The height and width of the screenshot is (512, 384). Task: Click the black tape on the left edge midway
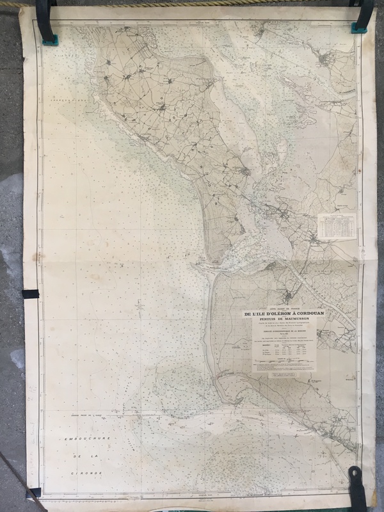[30, 294]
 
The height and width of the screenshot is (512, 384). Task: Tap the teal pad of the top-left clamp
[48, 41]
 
